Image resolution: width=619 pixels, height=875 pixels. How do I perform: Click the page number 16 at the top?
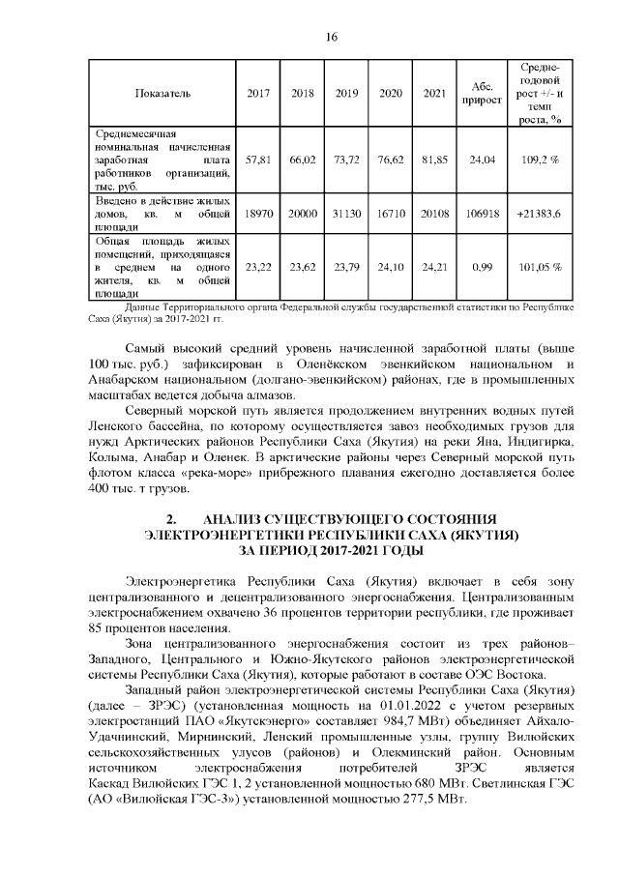[x=331, y=37]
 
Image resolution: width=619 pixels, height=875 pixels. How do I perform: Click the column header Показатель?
[x=162, y=93]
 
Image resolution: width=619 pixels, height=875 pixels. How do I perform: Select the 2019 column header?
[x=346, y=93]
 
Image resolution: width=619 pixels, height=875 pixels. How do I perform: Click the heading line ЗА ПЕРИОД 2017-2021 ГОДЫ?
[x=332, y=550]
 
